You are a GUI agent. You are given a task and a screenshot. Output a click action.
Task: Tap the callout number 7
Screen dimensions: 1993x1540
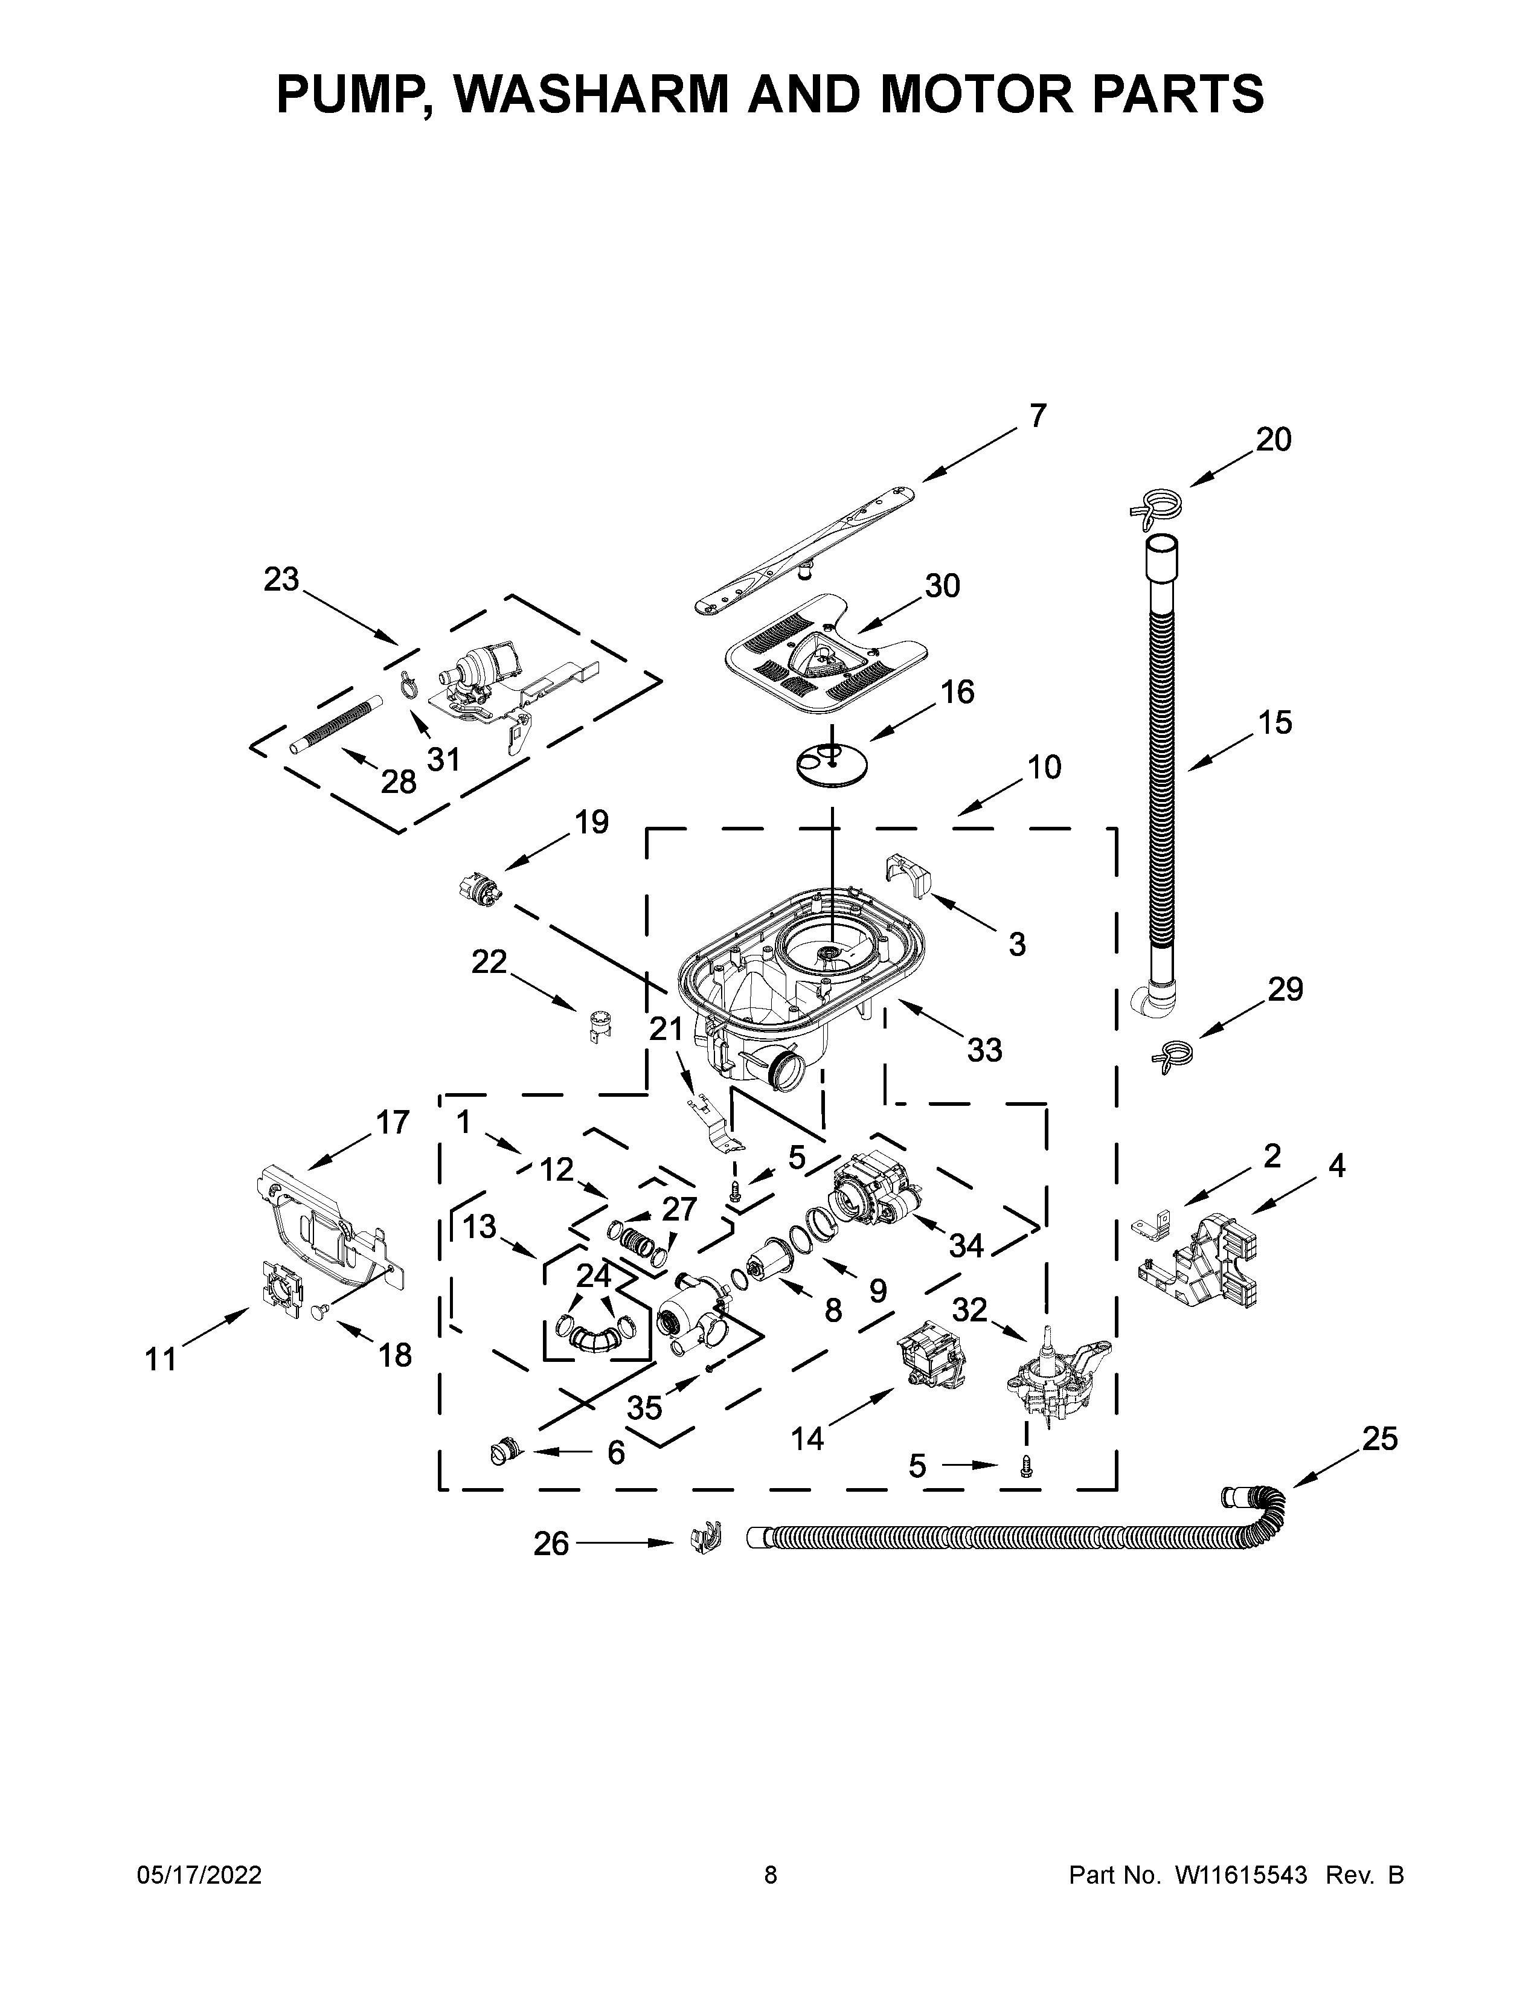click(1038, 416)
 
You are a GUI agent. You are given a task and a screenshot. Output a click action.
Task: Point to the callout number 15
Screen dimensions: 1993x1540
click(1274, 723)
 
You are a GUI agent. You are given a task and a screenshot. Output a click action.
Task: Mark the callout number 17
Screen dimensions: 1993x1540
click(393, 1123)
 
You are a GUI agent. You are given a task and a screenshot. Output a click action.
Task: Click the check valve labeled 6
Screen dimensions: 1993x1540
click(504, 1448)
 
